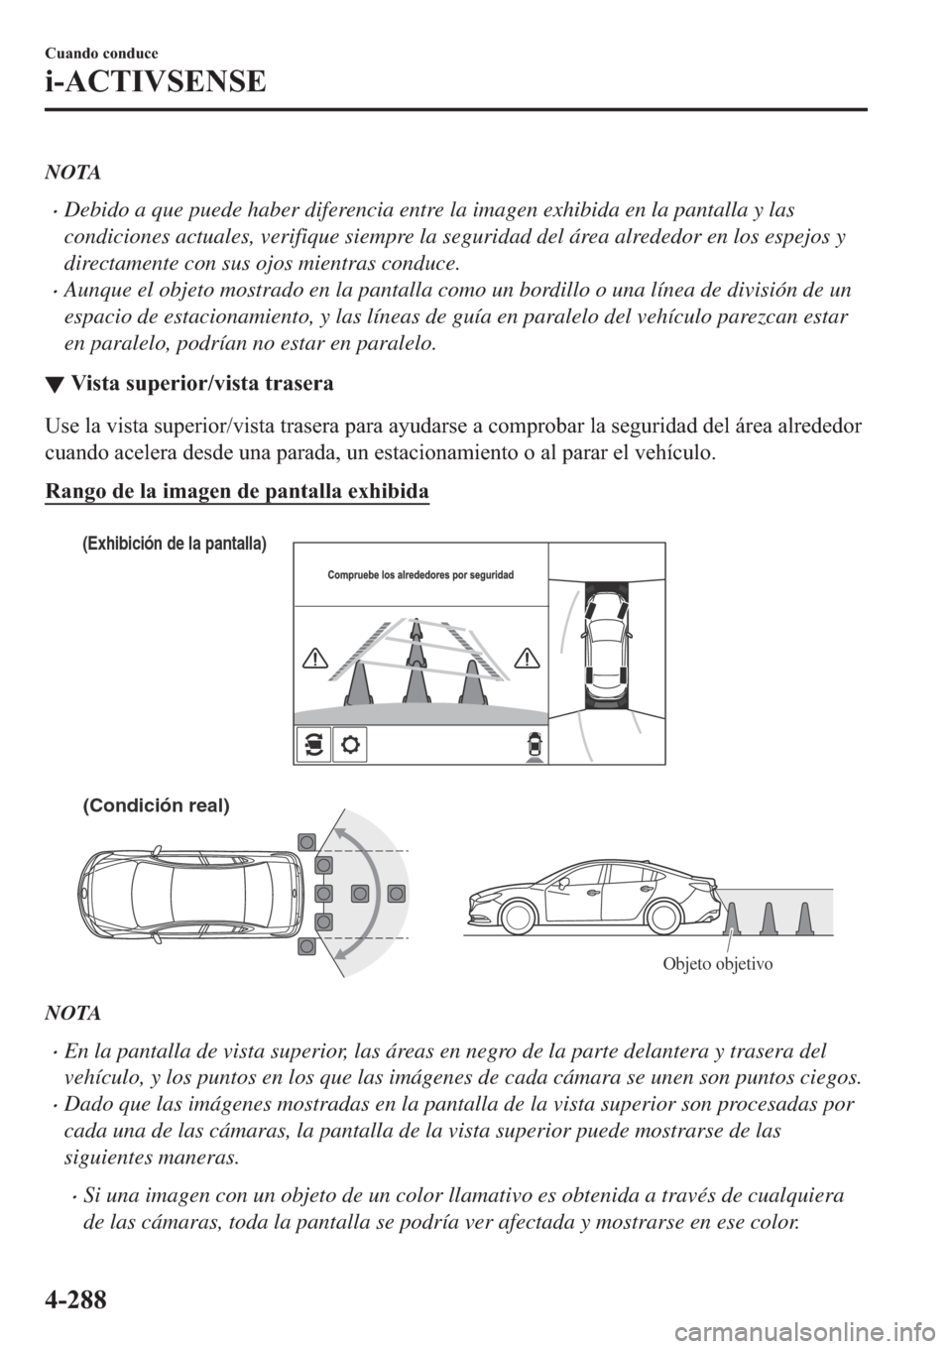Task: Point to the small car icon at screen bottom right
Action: (x=534, y=745)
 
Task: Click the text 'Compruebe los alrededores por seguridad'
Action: (x=421, y=575)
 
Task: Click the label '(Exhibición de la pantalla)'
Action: (x=175, y=543)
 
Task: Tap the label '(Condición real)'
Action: (x=156, y=805)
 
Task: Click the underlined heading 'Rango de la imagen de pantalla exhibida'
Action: (x=236, y=492)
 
